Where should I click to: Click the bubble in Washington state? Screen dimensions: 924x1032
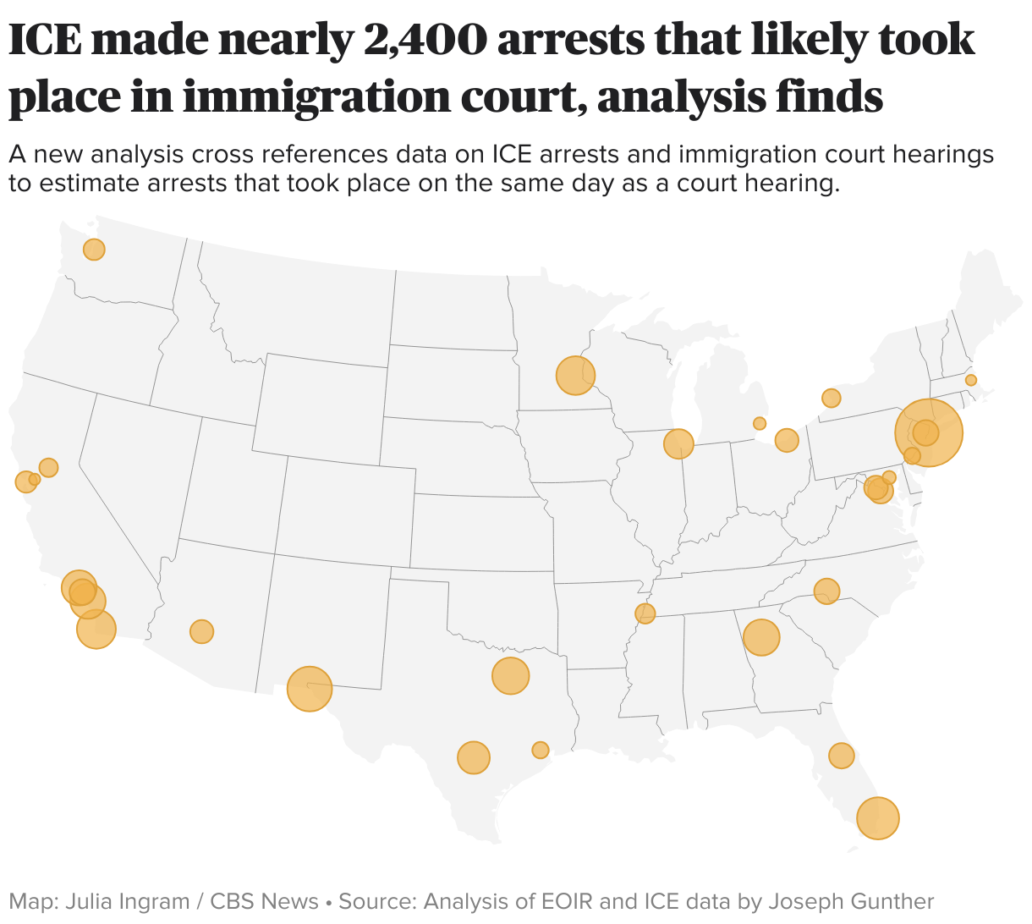(94, 250)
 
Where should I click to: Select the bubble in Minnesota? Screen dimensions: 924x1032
(575, 376)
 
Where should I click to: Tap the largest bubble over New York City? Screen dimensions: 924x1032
(929, 432)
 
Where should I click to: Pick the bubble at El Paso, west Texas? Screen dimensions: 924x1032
(310, 689)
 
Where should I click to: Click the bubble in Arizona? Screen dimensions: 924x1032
(201, 631)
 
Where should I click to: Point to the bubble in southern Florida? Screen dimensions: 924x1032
(878, 818)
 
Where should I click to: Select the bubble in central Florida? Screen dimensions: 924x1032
(841, 756)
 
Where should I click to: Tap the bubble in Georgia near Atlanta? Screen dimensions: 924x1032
(761, 637)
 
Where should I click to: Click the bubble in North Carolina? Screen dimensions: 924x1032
(826, 591)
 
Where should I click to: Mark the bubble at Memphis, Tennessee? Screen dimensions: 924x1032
(645, 613)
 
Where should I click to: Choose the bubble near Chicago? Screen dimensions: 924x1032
(678, 443)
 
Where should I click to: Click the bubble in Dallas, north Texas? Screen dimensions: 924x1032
(510, 676)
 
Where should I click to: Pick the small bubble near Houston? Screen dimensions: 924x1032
(541, 750)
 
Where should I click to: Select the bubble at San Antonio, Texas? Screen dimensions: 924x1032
(474, 757)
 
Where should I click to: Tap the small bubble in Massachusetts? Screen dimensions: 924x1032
(971, 380)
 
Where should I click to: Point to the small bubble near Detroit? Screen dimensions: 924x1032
(760, 423)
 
